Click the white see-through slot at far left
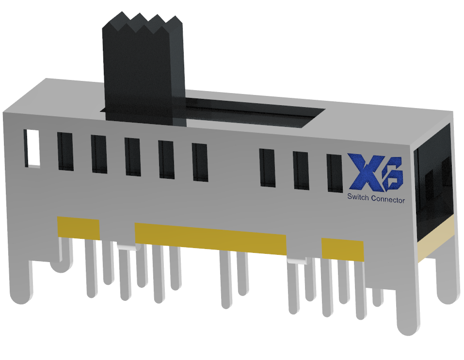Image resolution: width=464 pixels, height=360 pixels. point(33,147)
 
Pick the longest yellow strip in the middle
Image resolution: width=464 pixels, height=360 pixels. point(211,238)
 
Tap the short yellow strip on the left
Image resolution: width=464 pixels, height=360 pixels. point(78,228)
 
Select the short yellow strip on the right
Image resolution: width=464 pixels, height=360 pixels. point(342,250)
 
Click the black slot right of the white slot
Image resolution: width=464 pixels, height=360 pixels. point(65,151)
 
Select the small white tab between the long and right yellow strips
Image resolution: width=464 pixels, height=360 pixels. point(297,261)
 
